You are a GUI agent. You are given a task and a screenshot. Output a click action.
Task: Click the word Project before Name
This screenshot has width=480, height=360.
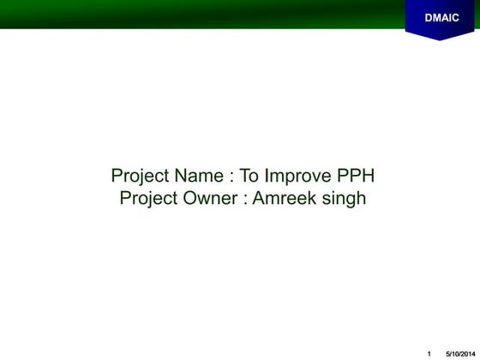(x=141, y=177)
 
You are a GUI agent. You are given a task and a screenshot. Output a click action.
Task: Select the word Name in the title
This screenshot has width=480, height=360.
(x=199, y=177)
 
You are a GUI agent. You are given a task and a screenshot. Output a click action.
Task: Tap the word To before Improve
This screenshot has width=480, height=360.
(x=249, y=177)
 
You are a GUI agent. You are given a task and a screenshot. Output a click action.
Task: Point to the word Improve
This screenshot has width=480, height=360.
(x=297, y=177)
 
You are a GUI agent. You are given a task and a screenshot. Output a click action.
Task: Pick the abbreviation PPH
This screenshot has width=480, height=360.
(x=356, y=177)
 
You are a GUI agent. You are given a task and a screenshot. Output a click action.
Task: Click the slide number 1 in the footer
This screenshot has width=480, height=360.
(x=429, y=353)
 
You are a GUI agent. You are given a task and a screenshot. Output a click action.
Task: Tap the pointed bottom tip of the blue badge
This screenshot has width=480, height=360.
(x=441, y=39)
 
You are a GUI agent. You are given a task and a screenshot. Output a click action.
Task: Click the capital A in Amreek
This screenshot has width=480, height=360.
(x=259, y=199)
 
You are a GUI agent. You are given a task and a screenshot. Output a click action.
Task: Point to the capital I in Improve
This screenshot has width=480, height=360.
(x=267, y=177)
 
